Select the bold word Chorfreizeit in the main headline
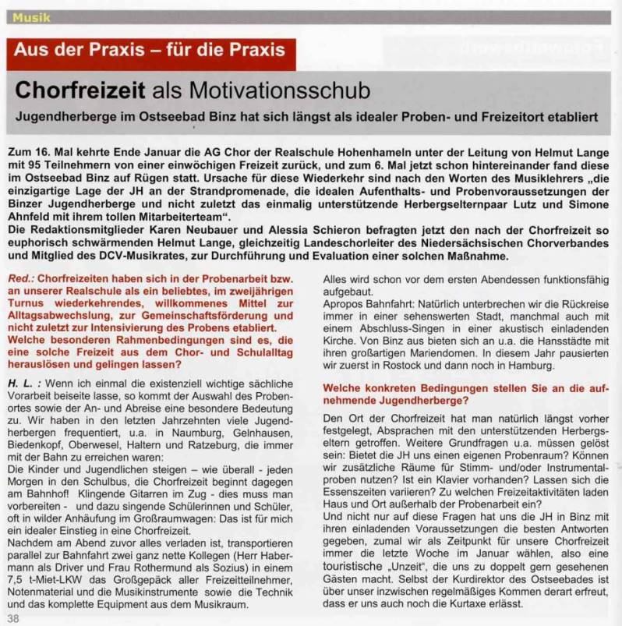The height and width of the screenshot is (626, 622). pos(81,91)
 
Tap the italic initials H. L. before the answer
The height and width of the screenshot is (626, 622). pos(26,384)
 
